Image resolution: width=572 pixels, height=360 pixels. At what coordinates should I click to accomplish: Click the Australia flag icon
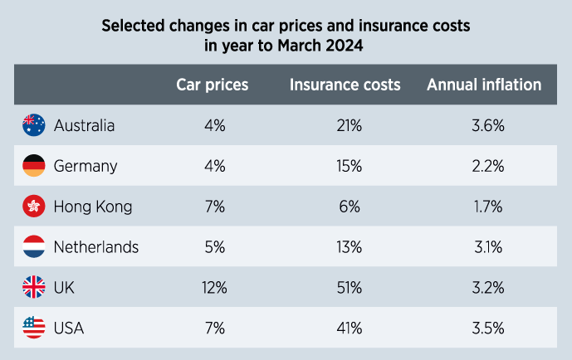pos(33,125)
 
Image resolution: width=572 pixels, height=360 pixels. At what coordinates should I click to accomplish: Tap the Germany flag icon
pos(33,166)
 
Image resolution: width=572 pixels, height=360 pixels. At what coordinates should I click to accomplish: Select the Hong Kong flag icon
pos(33,207)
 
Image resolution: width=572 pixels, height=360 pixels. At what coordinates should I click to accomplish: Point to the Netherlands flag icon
pos(33,247)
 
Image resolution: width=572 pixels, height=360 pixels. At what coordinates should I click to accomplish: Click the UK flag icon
pos(33,288)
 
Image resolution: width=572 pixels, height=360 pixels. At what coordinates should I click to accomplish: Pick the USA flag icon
pos(33,328)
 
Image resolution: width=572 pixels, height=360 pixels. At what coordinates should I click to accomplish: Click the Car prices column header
pos(213,85)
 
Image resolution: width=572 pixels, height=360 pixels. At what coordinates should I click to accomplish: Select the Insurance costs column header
pos(345,85)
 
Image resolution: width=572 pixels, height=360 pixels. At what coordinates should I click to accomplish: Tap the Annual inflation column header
pos(484,85)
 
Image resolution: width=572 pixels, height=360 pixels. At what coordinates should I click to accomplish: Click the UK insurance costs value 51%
pos(349,288)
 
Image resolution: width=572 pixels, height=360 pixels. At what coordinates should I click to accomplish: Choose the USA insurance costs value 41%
pos(349,328)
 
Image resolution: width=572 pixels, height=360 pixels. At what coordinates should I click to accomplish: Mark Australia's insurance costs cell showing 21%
pos(349,126)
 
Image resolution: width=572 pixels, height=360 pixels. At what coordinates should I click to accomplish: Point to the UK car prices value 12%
pos(214,288)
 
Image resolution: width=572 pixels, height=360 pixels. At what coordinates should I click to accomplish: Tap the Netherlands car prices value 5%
pos(214,247)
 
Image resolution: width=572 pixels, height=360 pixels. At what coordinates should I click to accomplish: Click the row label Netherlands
pos(95,247)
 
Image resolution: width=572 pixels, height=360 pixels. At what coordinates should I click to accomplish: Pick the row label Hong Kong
pos(92,207)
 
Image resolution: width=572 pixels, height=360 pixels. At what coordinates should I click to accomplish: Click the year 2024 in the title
pos(345,46)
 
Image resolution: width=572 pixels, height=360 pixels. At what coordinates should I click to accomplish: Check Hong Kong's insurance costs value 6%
pos(349,207)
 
